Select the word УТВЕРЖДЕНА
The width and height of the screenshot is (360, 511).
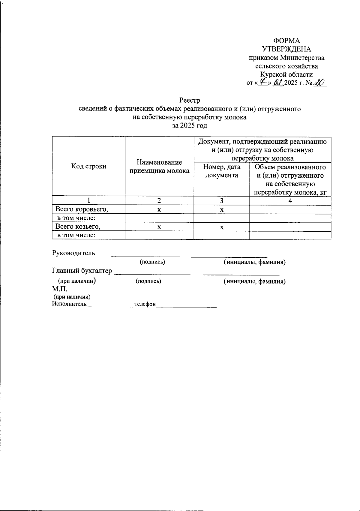click(286, 49)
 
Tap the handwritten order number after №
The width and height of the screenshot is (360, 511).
click(319, 83)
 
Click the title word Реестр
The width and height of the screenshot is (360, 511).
click(189, 100)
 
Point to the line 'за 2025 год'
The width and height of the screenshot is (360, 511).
click(189, 125)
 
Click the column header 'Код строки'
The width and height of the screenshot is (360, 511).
click(88, 166)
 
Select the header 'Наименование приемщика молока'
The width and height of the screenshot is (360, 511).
click(159, 167)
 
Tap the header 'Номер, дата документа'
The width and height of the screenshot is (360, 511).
click(222, 171)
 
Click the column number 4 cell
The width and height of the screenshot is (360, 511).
click(290, 201)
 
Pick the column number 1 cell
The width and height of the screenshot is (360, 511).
click(88, 200)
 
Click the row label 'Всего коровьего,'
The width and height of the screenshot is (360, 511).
click(82, 209)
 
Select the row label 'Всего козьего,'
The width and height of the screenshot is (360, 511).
click(78, 227)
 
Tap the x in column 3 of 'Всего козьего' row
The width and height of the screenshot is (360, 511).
click(222, 227)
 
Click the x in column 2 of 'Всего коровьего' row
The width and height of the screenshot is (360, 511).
click(159, 210)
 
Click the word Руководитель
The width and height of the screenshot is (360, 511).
click(73, 253)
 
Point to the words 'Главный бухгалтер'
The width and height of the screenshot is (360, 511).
click(82, 271)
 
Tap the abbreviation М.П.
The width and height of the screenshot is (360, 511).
click(60, 289)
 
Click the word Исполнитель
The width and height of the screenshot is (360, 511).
click(70, 304)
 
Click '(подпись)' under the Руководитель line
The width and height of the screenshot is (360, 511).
click(152, 262)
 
